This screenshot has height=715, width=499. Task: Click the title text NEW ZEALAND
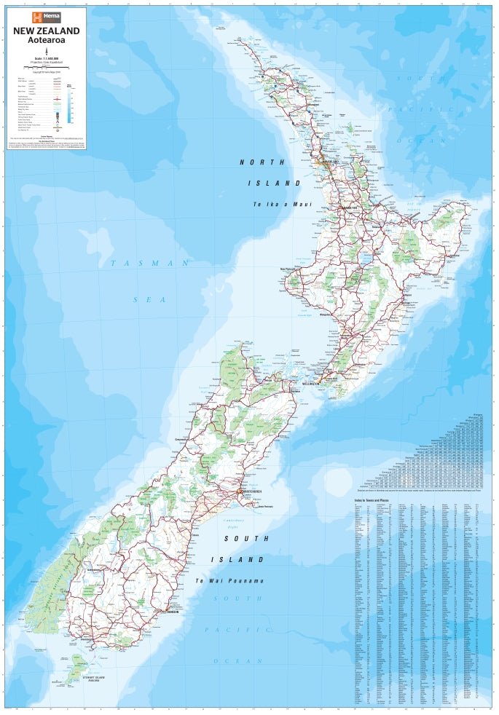[x=46, y=31]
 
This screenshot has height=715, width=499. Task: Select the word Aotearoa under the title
[x=46, y=40]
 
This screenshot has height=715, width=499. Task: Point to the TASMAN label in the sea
[x=150, y=263]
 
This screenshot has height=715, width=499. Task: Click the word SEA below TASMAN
[x=150, y=299]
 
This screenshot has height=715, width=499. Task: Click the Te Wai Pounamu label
[x=229, y=580]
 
